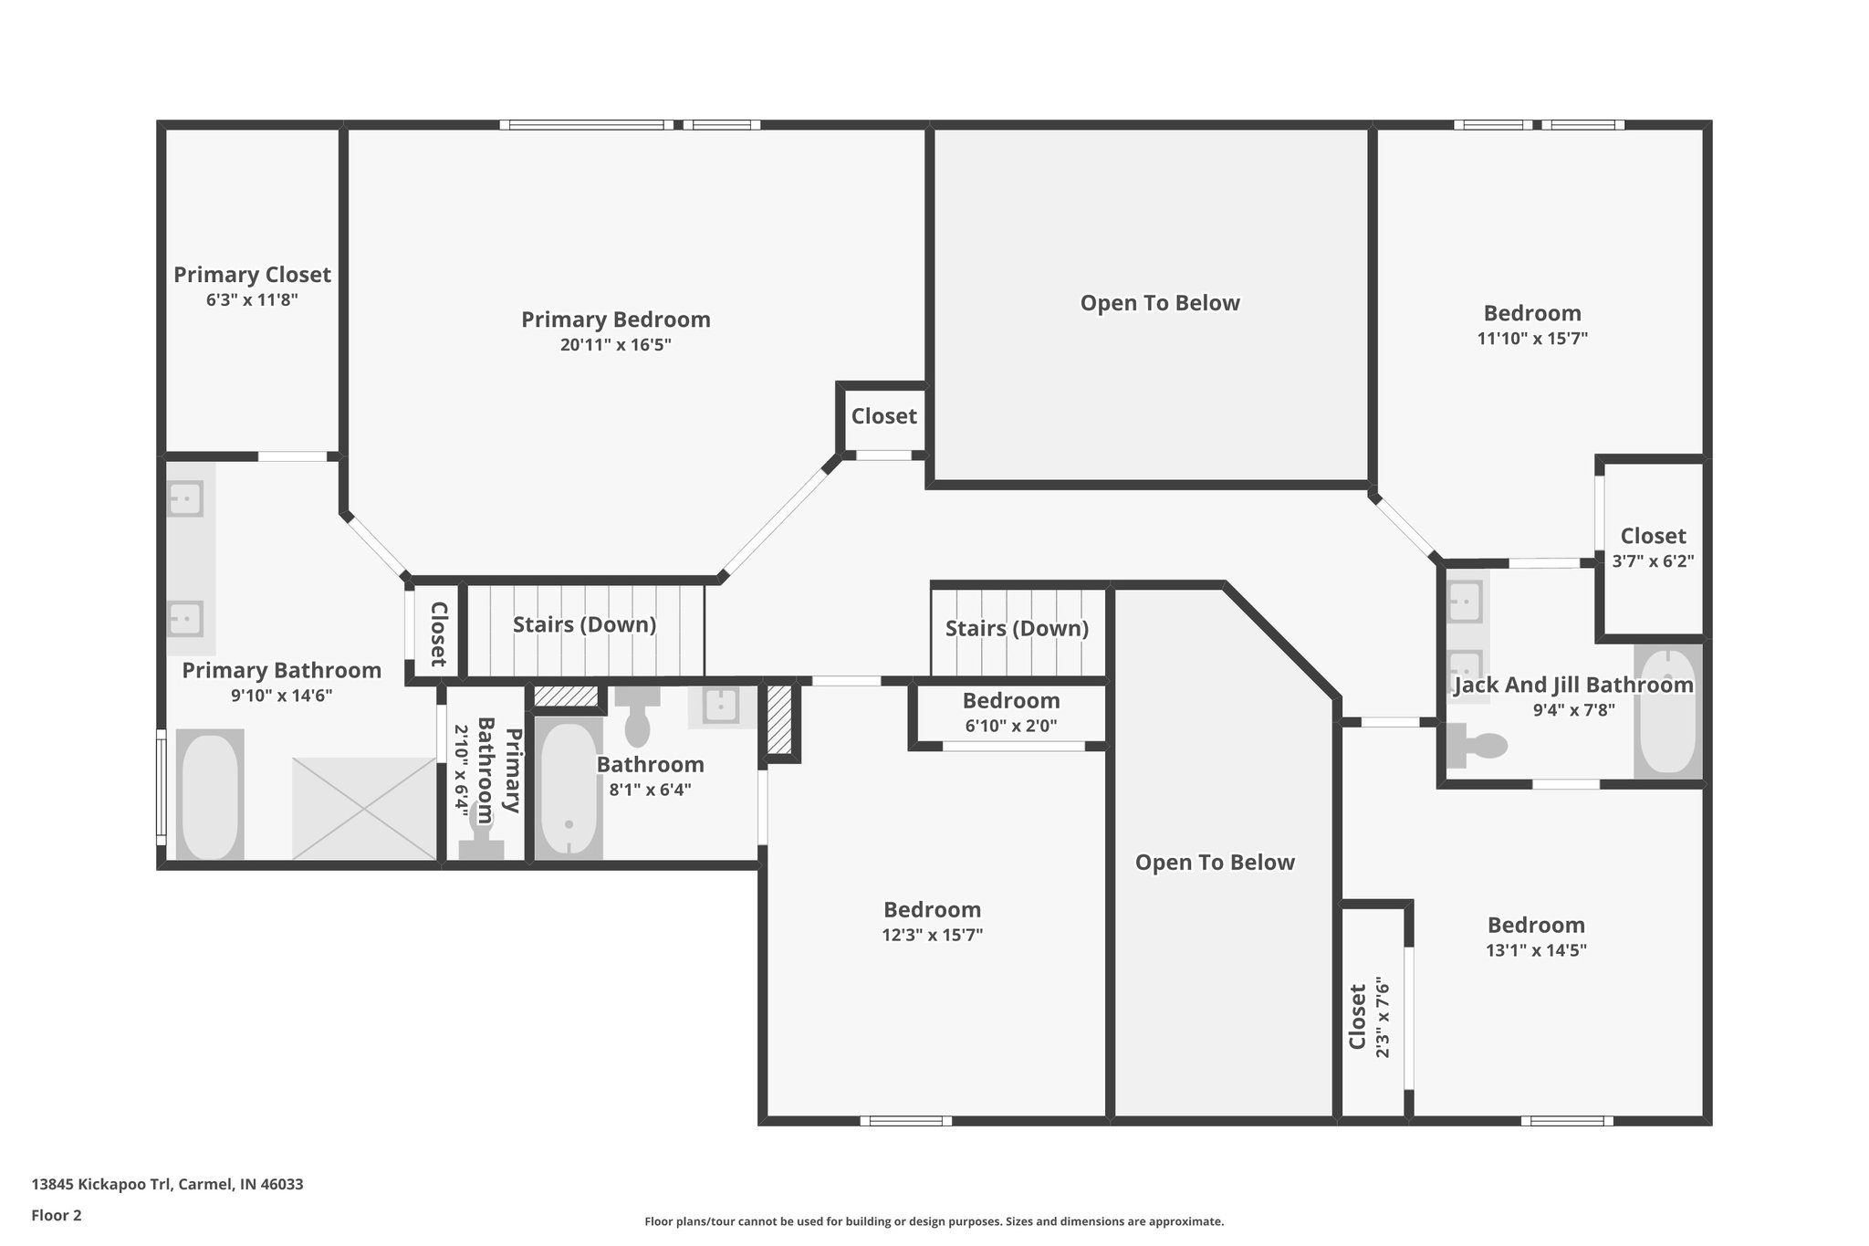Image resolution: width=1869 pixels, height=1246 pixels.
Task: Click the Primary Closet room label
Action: [x=252, y=275]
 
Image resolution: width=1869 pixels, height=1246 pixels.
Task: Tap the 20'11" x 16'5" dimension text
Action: [x=615, y=345]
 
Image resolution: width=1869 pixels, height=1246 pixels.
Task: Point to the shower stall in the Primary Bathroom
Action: [x=363, y=808]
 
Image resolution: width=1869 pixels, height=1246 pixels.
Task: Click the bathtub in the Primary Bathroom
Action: [x=210, y=794]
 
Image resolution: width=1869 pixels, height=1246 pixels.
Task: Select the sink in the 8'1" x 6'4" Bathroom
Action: [x=721, y=706]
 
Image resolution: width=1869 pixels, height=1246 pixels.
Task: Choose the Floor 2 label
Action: [x=57, y=1215]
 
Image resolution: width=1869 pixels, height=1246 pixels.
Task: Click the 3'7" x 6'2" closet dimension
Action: [x=1653, y=561]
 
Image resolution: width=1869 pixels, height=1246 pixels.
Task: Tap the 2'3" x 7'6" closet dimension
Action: [x=1383, y=1018]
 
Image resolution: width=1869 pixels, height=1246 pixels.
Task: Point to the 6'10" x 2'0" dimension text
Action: [x=1010, y=727]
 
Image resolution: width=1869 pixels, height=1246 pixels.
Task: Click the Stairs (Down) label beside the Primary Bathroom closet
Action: [x=584, y=624]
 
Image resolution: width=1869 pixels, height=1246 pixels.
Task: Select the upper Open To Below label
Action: [x=1159, y=303]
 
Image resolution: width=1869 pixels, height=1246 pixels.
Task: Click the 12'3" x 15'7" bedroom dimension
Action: [x=932, y=935]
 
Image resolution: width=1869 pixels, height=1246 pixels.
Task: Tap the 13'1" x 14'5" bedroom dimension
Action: [x=1536, y=949]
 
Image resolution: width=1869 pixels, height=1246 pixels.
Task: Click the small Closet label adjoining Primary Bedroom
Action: [x=883, y=416]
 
